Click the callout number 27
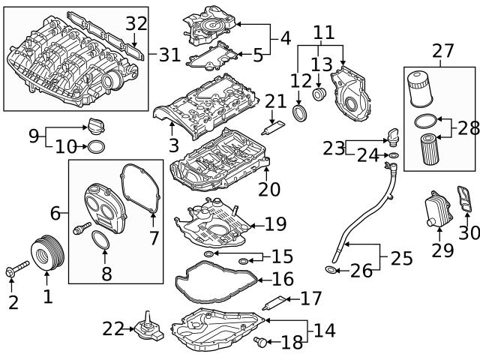[443, 51]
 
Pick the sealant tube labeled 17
[277, 304]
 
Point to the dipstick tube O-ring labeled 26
[331, 268]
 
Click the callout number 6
[55, 214]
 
